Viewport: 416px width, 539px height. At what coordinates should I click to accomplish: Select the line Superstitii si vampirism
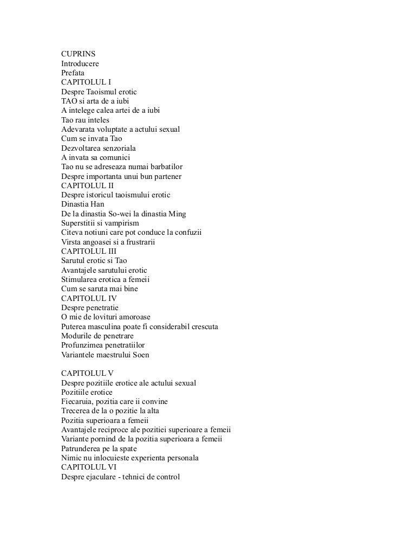(100, 223)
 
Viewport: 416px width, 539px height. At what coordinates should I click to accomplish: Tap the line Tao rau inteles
(85, 120)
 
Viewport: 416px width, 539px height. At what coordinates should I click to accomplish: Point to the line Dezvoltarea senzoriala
(99, 148)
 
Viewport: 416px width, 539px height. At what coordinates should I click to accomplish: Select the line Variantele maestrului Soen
(105, 355)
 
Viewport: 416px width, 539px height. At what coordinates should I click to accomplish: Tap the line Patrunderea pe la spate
(99, 448)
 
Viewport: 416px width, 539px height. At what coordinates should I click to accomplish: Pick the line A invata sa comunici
(96, 157)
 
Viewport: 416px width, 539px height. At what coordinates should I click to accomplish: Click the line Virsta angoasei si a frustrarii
(108, 242)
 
